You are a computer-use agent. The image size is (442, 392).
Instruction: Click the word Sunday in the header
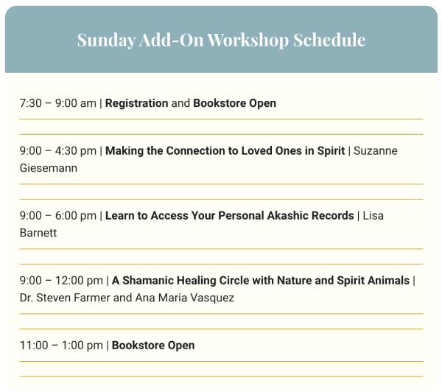(x=106, y=41)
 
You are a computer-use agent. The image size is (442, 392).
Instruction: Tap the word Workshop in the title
(x=248, y=40)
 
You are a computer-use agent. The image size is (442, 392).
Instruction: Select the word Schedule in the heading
(x=329, y=40)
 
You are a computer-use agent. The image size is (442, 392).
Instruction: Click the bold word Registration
(x=137, y=103)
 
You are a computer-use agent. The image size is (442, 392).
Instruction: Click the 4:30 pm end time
(x=76, y=151)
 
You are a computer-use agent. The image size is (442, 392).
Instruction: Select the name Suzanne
(x=376, y=151)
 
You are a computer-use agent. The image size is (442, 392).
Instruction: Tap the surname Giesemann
(x=49, y=168)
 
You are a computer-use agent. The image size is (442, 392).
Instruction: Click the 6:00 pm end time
(x=76, y=216)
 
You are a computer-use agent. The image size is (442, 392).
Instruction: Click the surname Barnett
(x=38, y=233)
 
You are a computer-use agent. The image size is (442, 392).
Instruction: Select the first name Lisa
(x=373, y=216)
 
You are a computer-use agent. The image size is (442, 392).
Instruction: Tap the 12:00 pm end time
(x=79, y=281)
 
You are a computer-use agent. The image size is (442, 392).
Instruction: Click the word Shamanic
(x=148, y=281)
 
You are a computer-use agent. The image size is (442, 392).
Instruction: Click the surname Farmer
(x=92, y=298)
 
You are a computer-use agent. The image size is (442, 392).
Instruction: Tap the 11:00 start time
(x=34, y=346)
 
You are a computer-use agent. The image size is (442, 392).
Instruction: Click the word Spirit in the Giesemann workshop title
(x=331, y=151)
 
